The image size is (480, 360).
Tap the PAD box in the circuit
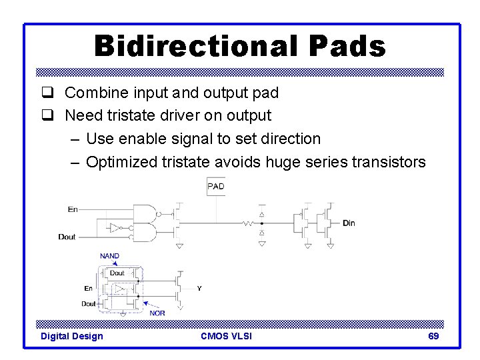[216, 186]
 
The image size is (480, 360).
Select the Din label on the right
[349, 223]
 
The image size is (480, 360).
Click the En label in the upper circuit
[72, 209]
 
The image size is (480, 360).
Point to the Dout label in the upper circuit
[67, 237]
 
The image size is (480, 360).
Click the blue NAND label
[110, 256]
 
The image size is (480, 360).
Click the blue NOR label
[157, 313]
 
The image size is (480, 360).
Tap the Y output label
[199, 289]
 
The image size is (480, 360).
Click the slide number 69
[433, 336]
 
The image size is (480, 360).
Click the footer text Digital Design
[72, 336]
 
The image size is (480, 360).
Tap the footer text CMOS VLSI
[226, 336]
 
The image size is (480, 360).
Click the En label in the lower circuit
[88, 289]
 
